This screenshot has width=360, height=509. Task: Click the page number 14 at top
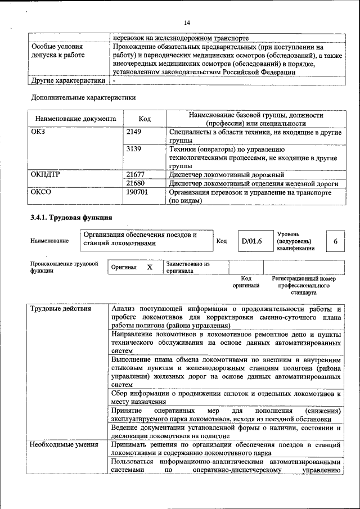click(x=187, y=22)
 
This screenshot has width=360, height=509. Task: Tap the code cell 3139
click(x=134, y=150)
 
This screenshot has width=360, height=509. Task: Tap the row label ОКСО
click(x=42, y=192)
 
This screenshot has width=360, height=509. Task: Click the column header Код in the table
click(x=145, y=119)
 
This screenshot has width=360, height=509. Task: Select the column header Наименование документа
click(x=75, y=119)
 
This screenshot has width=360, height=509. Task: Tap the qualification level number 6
click(x=335, y=241)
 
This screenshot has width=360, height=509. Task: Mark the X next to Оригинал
click(x=150, y=267)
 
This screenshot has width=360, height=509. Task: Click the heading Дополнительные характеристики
click(x=83, y=97)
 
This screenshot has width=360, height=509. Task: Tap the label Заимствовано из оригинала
click(x=188, y=267)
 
